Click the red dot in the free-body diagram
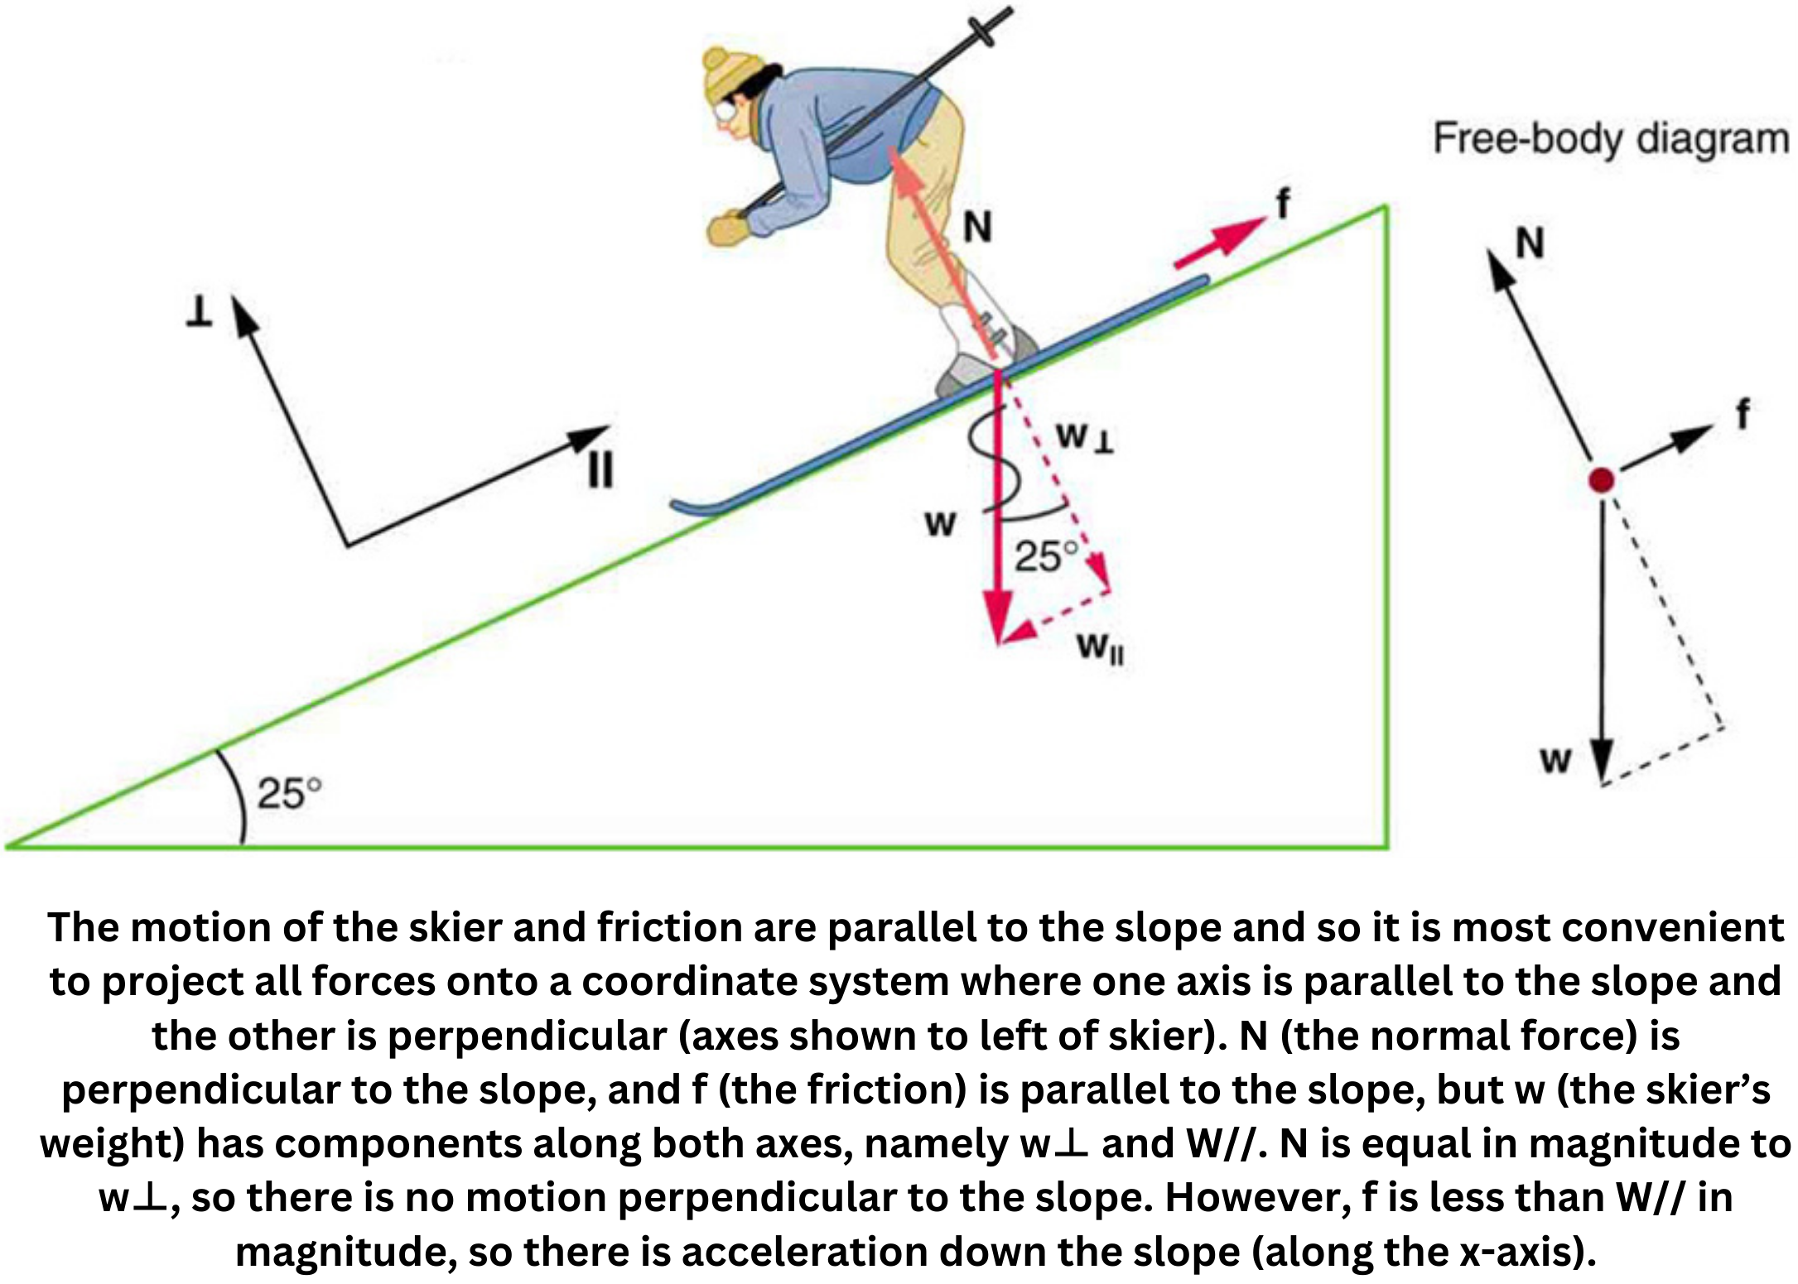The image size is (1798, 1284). click(1602, 480)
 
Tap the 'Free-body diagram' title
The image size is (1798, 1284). click(1611, 139)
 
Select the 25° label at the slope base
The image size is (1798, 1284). click(288, 793)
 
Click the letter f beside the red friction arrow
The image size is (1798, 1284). click(1283, 203)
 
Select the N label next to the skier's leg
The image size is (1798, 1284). click(977, 227)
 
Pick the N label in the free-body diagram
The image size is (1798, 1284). click(1529, 243)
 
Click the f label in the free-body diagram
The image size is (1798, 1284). click(1743, 413)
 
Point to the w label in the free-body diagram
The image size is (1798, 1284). click(1555, 759)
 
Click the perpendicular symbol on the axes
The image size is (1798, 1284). click(198, 312)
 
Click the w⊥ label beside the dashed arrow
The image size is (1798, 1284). click(1084, 439)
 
